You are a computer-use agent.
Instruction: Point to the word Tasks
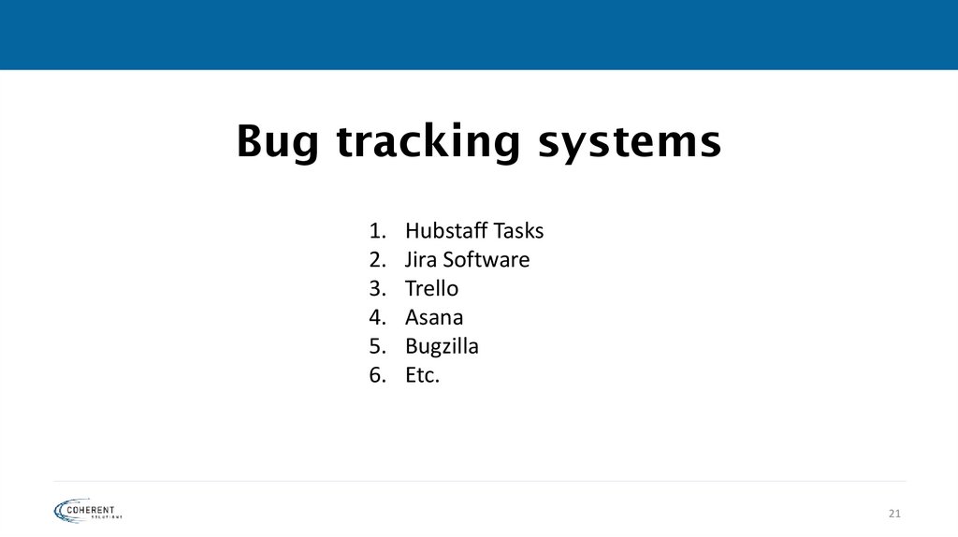coord(518,230)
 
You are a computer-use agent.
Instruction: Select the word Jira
coord(421,259)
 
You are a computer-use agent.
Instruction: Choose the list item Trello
coord(431,288)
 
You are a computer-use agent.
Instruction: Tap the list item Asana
coord(434,317)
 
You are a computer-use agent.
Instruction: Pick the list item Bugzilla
coord(442,346)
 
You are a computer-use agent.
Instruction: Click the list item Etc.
coord(422,375)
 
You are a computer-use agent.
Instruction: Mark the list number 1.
coord(376,230)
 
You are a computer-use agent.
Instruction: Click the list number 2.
coord(376,259)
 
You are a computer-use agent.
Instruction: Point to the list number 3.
coord(376,288)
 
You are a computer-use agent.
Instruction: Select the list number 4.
coord(376,317)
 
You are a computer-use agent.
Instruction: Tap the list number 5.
coord(376,346)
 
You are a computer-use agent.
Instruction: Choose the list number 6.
coord(376,375)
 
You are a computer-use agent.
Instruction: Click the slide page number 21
coord(893,514)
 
